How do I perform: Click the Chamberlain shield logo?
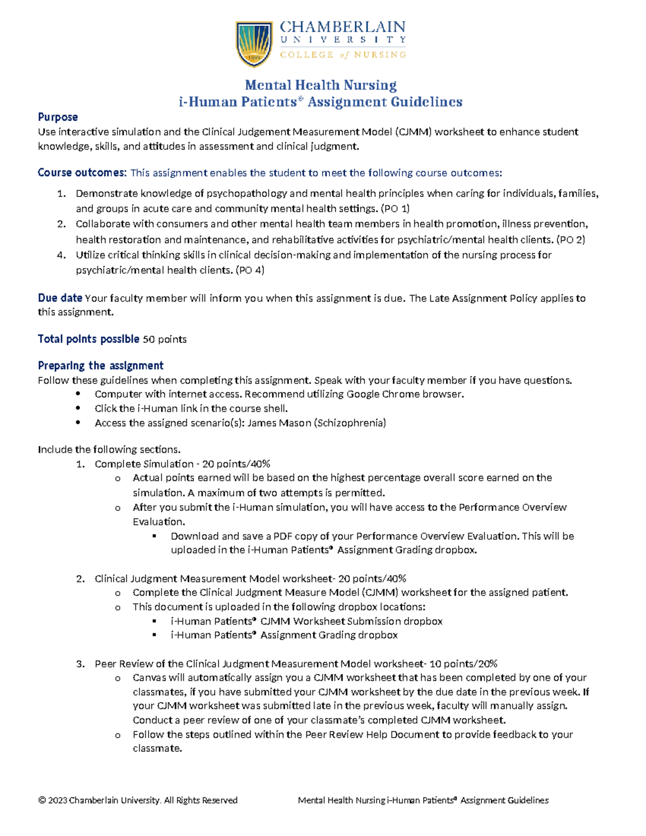pyautogui.click(x=254, y=44)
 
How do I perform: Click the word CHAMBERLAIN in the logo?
pyautogui.click(x=342, y=27)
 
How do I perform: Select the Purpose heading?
pyautogui.click(x=58, y=117)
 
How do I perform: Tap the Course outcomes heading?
pyautogui.click(x=82, y=173)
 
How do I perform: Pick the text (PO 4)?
pyautogui.click(x=250, y=270)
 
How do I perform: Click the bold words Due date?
pyautogui.click(x=60, y=298)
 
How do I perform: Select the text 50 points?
pyautogui.click(x=164, y=339)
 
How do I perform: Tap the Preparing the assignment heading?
pyautogui.click(x=101, y=366)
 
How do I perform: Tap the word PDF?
pyautogui.click(x=283, y=536)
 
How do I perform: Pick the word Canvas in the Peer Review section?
pyautogui.click(x=149, y=678)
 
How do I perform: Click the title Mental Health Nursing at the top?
pyautogui.click(x=321, y=85)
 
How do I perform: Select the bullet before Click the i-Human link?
pyautogui.click(x=79, y=409)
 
